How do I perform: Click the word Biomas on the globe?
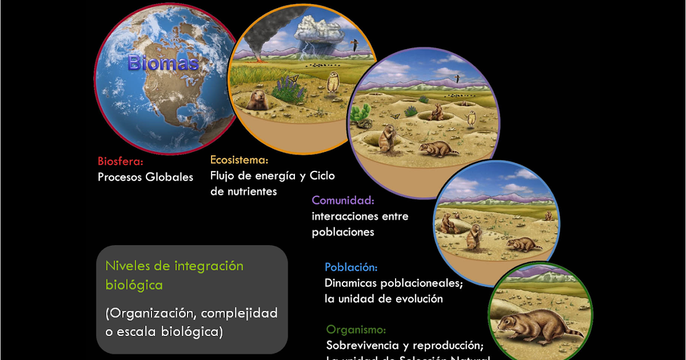163,62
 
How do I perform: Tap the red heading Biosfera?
120,161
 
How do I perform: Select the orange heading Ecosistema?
239,160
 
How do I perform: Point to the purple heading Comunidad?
343,201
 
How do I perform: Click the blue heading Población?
351,267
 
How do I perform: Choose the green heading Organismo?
356,330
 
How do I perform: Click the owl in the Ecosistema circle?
332,85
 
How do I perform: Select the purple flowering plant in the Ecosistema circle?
288,89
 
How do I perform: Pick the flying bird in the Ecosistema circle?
355,43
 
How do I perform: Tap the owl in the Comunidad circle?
472,118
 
